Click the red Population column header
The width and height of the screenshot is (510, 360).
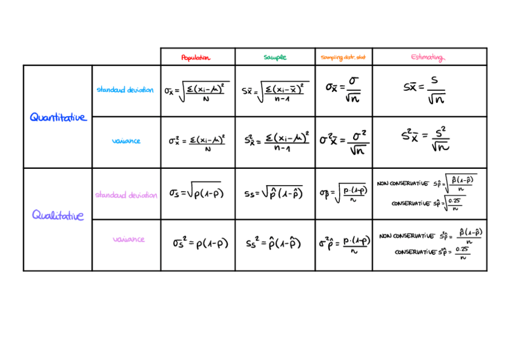pos(197,58)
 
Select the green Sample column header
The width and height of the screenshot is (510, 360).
pos(275,58)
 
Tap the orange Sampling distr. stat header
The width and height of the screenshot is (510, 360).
pos(343,58)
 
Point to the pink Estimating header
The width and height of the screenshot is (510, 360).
pos(428,58)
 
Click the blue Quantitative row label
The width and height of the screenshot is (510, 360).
pos(58,117)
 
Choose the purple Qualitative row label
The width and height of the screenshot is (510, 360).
pos(58,215)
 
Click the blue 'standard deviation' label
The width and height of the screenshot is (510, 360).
pos(125,90)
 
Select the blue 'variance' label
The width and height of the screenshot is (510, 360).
pos(126,141)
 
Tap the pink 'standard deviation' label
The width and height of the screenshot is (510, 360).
pos(126,195)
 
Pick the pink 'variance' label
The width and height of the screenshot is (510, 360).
pos(129,239)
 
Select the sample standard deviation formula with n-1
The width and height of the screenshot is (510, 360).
pos(275,91)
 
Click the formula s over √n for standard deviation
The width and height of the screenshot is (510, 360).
pos(429,90)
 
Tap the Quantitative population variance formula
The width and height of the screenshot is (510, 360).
pos(197,141)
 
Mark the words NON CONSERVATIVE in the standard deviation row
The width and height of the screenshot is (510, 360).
pos(402,183)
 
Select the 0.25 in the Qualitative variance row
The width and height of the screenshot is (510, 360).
pos(462,249)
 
